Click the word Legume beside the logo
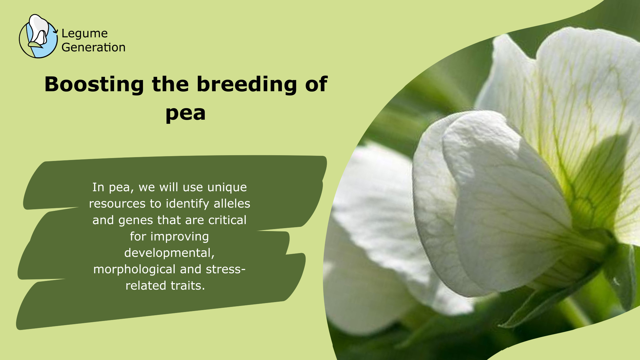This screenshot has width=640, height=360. pyautogui.click(x=84, y=34)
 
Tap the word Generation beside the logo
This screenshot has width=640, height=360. pyautogui.click(x=93, y=47)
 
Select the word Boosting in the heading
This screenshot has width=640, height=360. pyautogui.click(x=94, y=84)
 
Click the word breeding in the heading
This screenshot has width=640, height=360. pyautogui.click(x=247, y=84)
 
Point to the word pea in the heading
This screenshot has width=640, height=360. pyautogui.click(x=185, y=114)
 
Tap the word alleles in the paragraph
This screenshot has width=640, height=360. pyautogui.click(x=232, y=204)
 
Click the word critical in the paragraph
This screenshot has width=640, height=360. pyautogui.click(x=227, y=220)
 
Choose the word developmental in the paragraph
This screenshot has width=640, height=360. pyautogui.click(x=169, y=253)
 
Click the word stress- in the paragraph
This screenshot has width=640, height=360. pyautogui.click(x=226, y=269)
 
